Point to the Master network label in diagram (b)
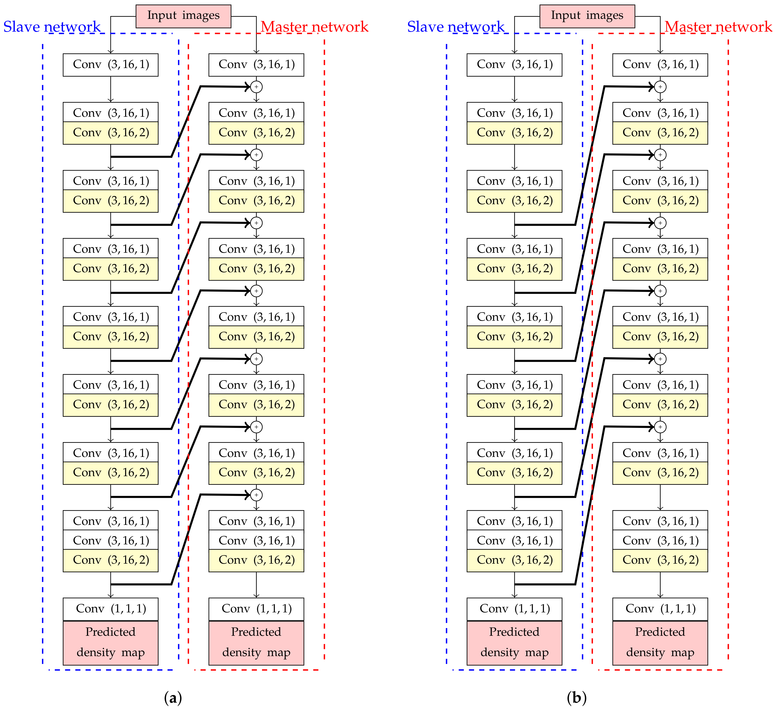(718, 27)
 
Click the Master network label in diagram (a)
(315, 27)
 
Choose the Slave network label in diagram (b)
(456, 27)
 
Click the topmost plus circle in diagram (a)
(256, 87)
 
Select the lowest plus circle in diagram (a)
(256, 495)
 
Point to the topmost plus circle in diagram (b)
(660, 87)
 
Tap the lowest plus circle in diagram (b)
(660, 427)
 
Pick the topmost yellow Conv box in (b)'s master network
(660, 133)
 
